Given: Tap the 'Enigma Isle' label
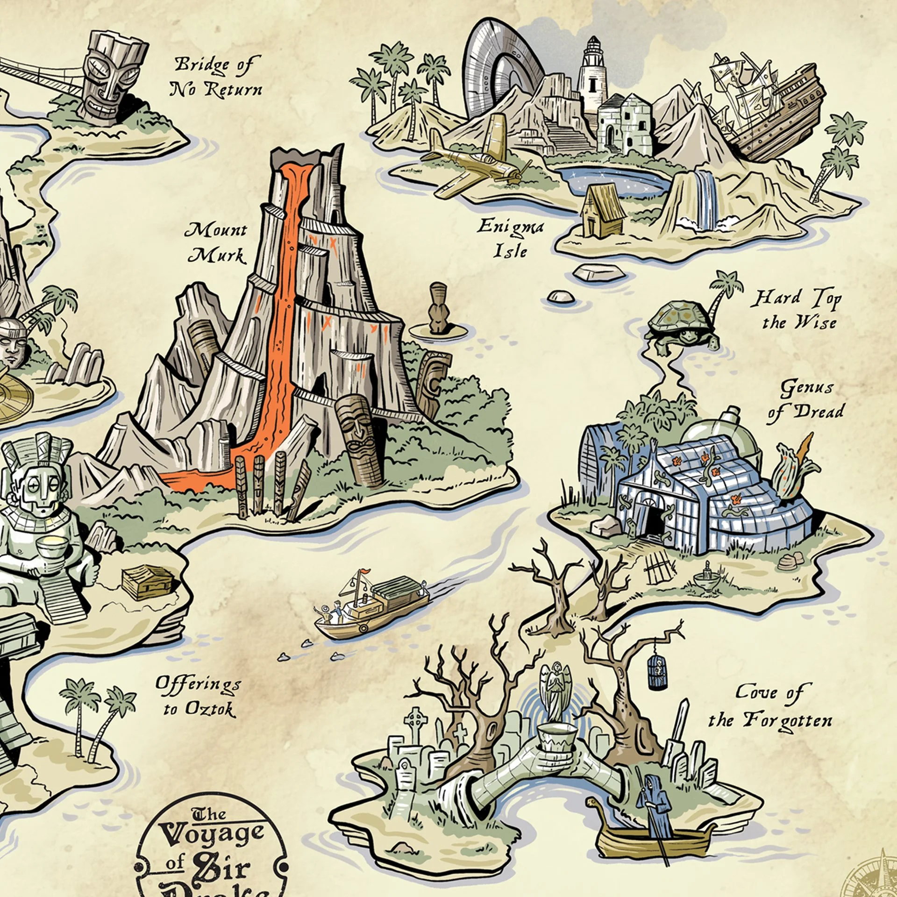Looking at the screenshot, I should click(510, 239).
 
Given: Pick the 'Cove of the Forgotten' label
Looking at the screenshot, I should click(770, 706).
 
